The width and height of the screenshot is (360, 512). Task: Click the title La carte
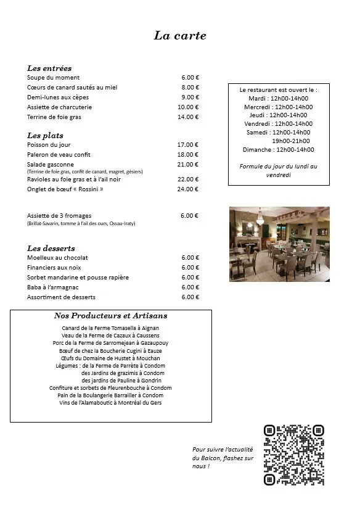point(179,36)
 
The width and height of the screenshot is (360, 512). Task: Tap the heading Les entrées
point(49,68)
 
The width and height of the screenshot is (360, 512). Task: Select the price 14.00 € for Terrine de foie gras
point(188,117)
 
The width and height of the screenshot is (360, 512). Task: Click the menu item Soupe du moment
point(54,78)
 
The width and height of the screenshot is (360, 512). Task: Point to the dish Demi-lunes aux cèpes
point(58,97)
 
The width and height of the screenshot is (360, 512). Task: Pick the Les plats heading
point(45,135)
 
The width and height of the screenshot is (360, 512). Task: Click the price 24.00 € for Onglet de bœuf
point(188,189)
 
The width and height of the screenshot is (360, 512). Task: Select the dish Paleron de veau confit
point(59,155)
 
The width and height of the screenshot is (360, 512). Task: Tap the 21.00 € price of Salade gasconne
point(188,165)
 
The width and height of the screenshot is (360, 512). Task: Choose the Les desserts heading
point(51,248)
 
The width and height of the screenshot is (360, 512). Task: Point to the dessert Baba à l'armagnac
point(53,287)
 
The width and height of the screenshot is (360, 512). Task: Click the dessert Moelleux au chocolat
point(58,258)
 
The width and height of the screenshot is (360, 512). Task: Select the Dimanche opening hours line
point(278,149)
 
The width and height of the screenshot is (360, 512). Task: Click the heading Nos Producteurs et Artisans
point(111,316)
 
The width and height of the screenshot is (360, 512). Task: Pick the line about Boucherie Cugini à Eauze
point(111,350)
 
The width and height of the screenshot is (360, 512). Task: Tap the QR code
point(293,455)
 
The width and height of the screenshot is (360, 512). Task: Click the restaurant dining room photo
point(279,244)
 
